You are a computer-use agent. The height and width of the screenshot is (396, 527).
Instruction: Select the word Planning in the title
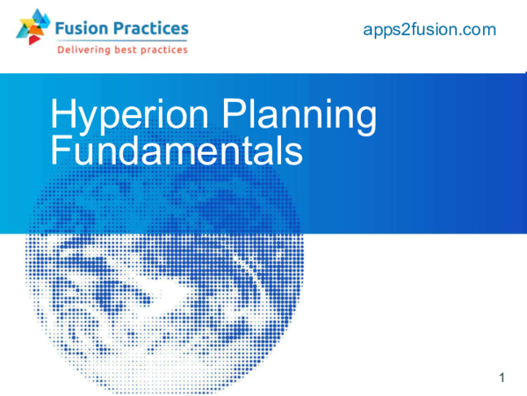coord(300,117)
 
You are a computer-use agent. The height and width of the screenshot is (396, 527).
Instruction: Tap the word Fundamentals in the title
coord(177,150)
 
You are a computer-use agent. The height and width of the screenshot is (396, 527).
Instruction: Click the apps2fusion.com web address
coord(430,31)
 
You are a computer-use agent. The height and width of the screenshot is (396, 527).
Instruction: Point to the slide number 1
coord(502,378)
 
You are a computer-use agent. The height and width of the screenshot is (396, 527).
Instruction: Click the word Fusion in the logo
coord(80,29)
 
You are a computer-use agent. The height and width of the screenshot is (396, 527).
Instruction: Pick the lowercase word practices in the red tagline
coord(166,50)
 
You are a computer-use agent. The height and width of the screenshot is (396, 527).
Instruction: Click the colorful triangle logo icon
coord(33,26)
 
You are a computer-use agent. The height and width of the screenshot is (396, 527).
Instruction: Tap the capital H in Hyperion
coord(62,116)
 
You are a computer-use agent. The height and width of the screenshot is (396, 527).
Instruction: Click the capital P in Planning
coord(233,116)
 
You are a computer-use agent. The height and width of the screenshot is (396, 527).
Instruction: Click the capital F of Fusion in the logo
coord(59,29)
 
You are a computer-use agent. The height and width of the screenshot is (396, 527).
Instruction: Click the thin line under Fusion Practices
coord(121,40)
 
